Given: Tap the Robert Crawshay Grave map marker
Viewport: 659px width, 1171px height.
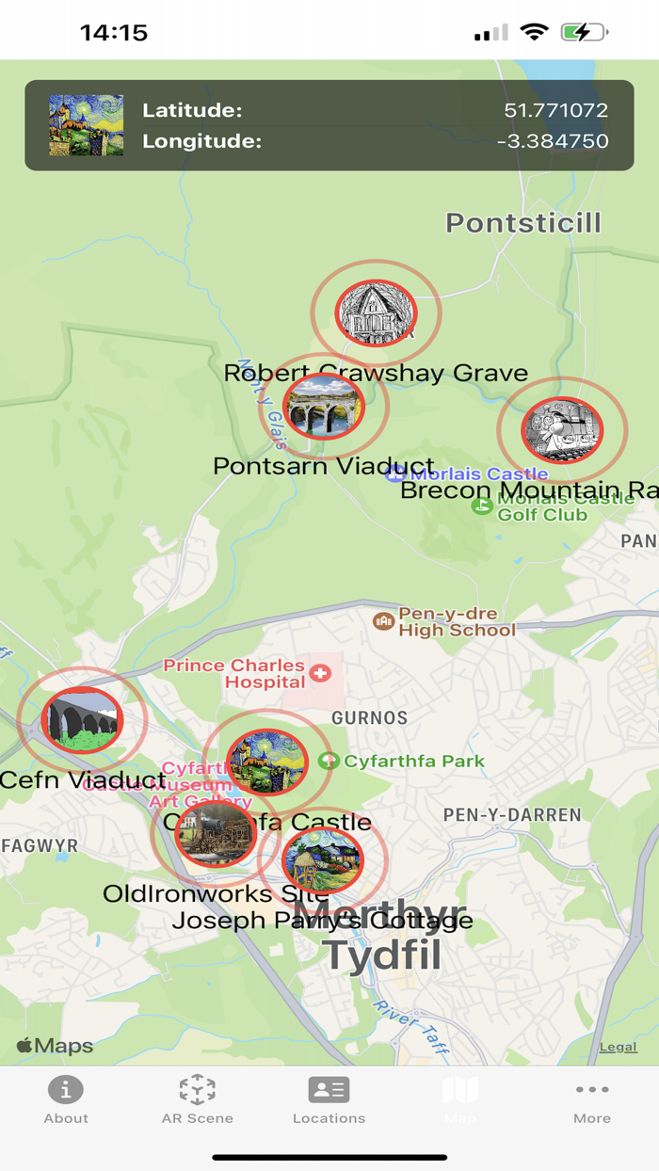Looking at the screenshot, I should click(377, 313).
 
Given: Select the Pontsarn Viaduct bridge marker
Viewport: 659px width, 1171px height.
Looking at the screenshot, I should click(323, 407).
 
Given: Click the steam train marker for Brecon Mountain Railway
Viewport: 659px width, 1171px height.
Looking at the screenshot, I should click(562, 430).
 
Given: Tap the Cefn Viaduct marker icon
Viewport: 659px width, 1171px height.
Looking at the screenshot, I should click(83, 720).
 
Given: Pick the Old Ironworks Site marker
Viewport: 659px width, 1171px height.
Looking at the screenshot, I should click(216, 834).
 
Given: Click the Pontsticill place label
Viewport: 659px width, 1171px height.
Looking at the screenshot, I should click(522, 223).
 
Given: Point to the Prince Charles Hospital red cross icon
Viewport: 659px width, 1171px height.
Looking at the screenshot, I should click(321, 673).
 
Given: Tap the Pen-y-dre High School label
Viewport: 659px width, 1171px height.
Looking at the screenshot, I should click(457, 621).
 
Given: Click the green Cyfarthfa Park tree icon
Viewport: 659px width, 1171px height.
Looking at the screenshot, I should click(328, 761).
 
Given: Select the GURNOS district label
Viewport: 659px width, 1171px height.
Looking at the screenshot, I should click(369, 718).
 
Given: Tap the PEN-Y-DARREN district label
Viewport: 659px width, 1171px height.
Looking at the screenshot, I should click(512, 815).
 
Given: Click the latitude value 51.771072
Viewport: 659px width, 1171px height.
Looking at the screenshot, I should click(555, 110).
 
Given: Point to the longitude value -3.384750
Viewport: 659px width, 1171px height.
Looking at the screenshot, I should click(553, 141).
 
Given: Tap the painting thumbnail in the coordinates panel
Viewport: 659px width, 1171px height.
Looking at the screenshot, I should click(86, 125).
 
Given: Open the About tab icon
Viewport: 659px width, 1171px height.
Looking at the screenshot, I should click(66, 1090).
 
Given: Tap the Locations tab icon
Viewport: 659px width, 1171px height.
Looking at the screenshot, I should click(329, 1090).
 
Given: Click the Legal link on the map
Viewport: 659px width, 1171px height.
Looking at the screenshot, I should click(618, 1047).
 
